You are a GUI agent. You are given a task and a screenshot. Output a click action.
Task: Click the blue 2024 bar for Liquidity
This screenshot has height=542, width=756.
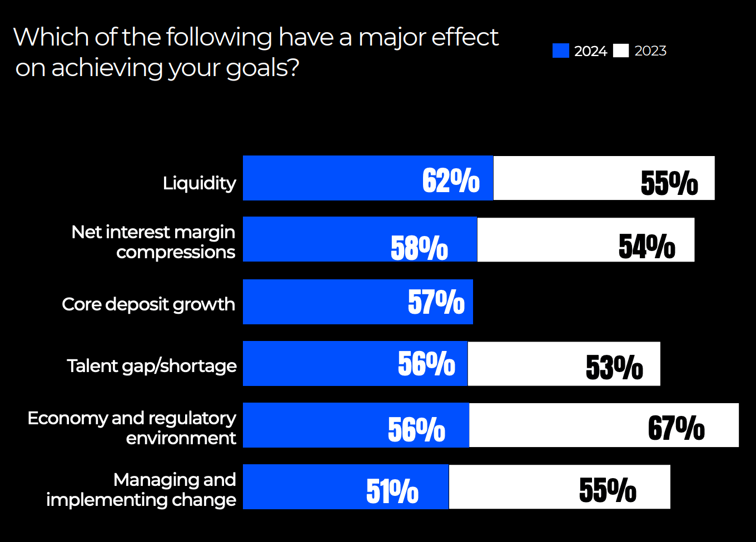point(334,178)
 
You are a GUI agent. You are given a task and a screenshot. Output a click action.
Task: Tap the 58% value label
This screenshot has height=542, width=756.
point(419,248)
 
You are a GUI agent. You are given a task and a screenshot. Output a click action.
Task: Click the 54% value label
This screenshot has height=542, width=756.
point(647,247)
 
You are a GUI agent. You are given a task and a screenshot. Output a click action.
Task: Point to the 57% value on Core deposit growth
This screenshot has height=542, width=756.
point(436,302)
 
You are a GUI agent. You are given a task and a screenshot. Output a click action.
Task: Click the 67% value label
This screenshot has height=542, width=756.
point(676,428)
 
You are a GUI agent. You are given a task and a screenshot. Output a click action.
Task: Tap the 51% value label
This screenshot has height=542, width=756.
point(392,491)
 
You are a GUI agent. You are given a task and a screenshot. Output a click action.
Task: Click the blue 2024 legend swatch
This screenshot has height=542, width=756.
point(560,51)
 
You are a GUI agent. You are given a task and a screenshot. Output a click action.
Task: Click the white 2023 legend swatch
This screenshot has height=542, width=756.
point(621,51)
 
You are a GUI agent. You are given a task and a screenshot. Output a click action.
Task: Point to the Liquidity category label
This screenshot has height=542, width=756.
point(199,183)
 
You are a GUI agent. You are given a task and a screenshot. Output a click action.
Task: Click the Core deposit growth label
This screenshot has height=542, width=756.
point(148,304)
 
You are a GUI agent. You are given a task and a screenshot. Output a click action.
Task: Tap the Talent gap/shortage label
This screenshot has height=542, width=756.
point(152,366)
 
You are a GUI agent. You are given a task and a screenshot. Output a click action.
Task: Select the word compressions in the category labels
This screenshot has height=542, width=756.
point(176,252)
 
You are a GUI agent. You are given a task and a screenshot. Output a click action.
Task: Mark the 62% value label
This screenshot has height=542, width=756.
point(451,180)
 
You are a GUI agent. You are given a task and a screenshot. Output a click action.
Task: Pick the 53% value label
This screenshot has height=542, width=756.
point(614,367)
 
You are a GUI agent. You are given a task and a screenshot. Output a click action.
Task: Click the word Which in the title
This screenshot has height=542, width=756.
point(51,37)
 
